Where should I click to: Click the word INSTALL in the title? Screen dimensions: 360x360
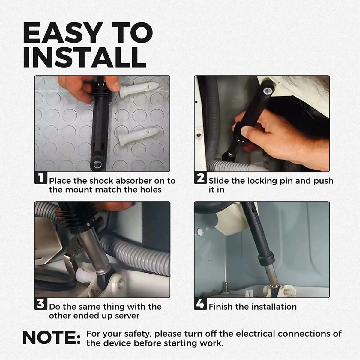[84, 57]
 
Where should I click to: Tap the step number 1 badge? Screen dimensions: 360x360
[40, 178]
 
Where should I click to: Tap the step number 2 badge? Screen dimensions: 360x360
[200, 178]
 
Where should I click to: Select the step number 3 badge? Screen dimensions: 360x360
[40, 304]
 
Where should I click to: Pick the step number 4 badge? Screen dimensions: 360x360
[200, 304]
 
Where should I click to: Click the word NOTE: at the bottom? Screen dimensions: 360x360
[52, 337]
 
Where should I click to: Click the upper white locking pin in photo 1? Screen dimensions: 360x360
[138, 89]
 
